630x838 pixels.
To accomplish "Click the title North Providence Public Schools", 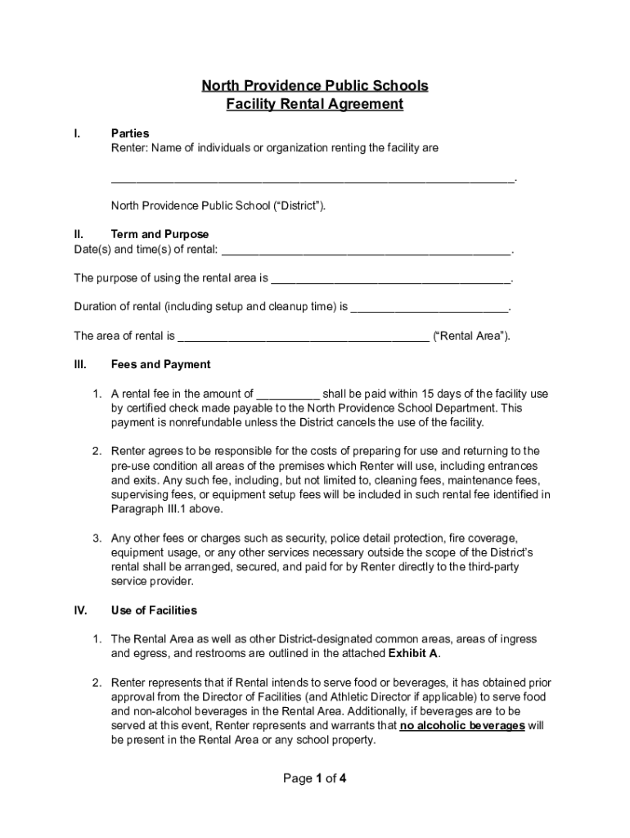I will (x=315, y=86).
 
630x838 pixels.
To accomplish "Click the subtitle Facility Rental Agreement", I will (x=315, y=104).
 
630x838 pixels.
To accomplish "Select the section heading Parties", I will (x=130, y=133).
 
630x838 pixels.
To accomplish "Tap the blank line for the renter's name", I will (x=313, y=178).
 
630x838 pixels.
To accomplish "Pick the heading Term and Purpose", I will (x=160, y=234).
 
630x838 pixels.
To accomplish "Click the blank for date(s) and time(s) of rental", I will (x=366, y=250).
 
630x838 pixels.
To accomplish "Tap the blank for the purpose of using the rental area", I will (x=390, y=278).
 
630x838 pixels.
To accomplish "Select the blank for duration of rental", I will (x=430, y=308).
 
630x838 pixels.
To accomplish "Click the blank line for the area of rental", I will (x=303, y=336).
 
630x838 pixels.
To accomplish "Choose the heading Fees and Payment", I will (x=160, y=365).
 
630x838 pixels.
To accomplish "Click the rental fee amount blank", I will (x=287, y=394).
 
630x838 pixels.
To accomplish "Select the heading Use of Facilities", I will (x=154, y=610).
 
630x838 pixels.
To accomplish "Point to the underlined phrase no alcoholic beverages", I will (x=462, y=726).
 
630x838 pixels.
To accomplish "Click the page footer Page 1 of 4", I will (x=315, y=778).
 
